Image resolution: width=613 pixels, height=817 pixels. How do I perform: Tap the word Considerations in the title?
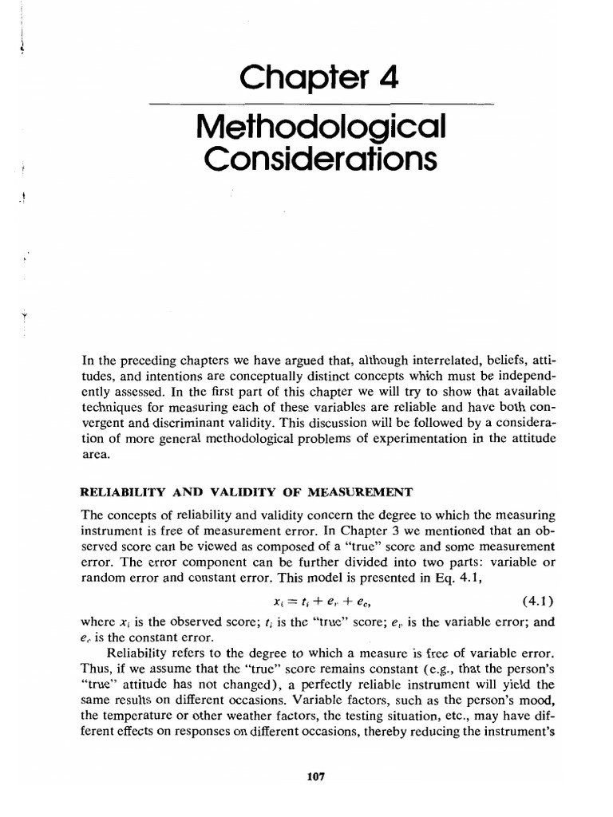pos(321,159)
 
